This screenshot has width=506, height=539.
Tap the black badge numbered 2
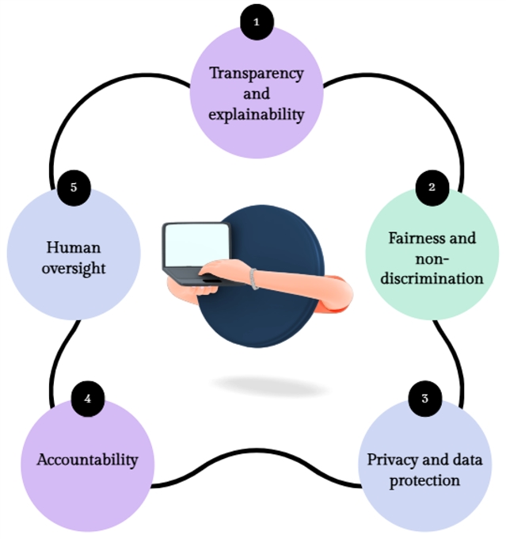[432, 187]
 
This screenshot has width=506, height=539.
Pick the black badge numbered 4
[87, 399]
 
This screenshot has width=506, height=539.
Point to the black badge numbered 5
[73, 187]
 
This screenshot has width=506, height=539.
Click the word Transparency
[256, 73]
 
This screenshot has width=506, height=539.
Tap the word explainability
[256, 114]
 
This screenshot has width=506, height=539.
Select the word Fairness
[410, 237]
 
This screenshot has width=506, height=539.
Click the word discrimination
[431, 278]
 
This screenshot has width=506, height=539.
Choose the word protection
[425, 480]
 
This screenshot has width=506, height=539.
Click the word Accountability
[87, 460]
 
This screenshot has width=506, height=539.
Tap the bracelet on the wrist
[253, 278]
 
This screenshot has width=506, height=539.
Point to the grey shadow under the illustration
[270, 386]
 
